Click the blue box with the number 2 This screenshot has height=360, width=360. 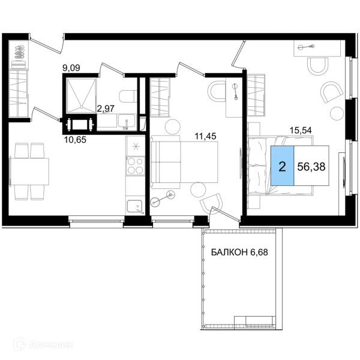(x=282, y=166)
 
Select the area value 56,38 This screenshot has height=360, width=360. (x=311, y=166)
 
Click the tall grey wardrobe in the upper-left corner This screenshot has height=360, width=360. (x=19, y=78)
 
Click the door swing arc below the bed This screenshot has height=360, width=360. (x=210, y=207)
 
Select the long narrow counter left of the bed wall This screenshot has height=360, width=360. (x=134, y=174)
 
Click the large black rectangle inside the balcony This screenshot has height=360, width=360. (x=239, y=252)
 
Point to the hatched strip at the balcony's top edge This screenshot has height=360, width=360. (x=239, y=232)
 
